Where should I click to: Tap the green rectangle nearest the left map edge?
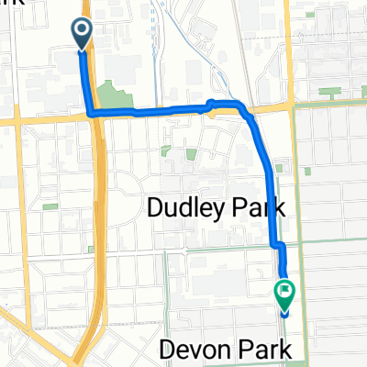[x=50, y=207]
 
